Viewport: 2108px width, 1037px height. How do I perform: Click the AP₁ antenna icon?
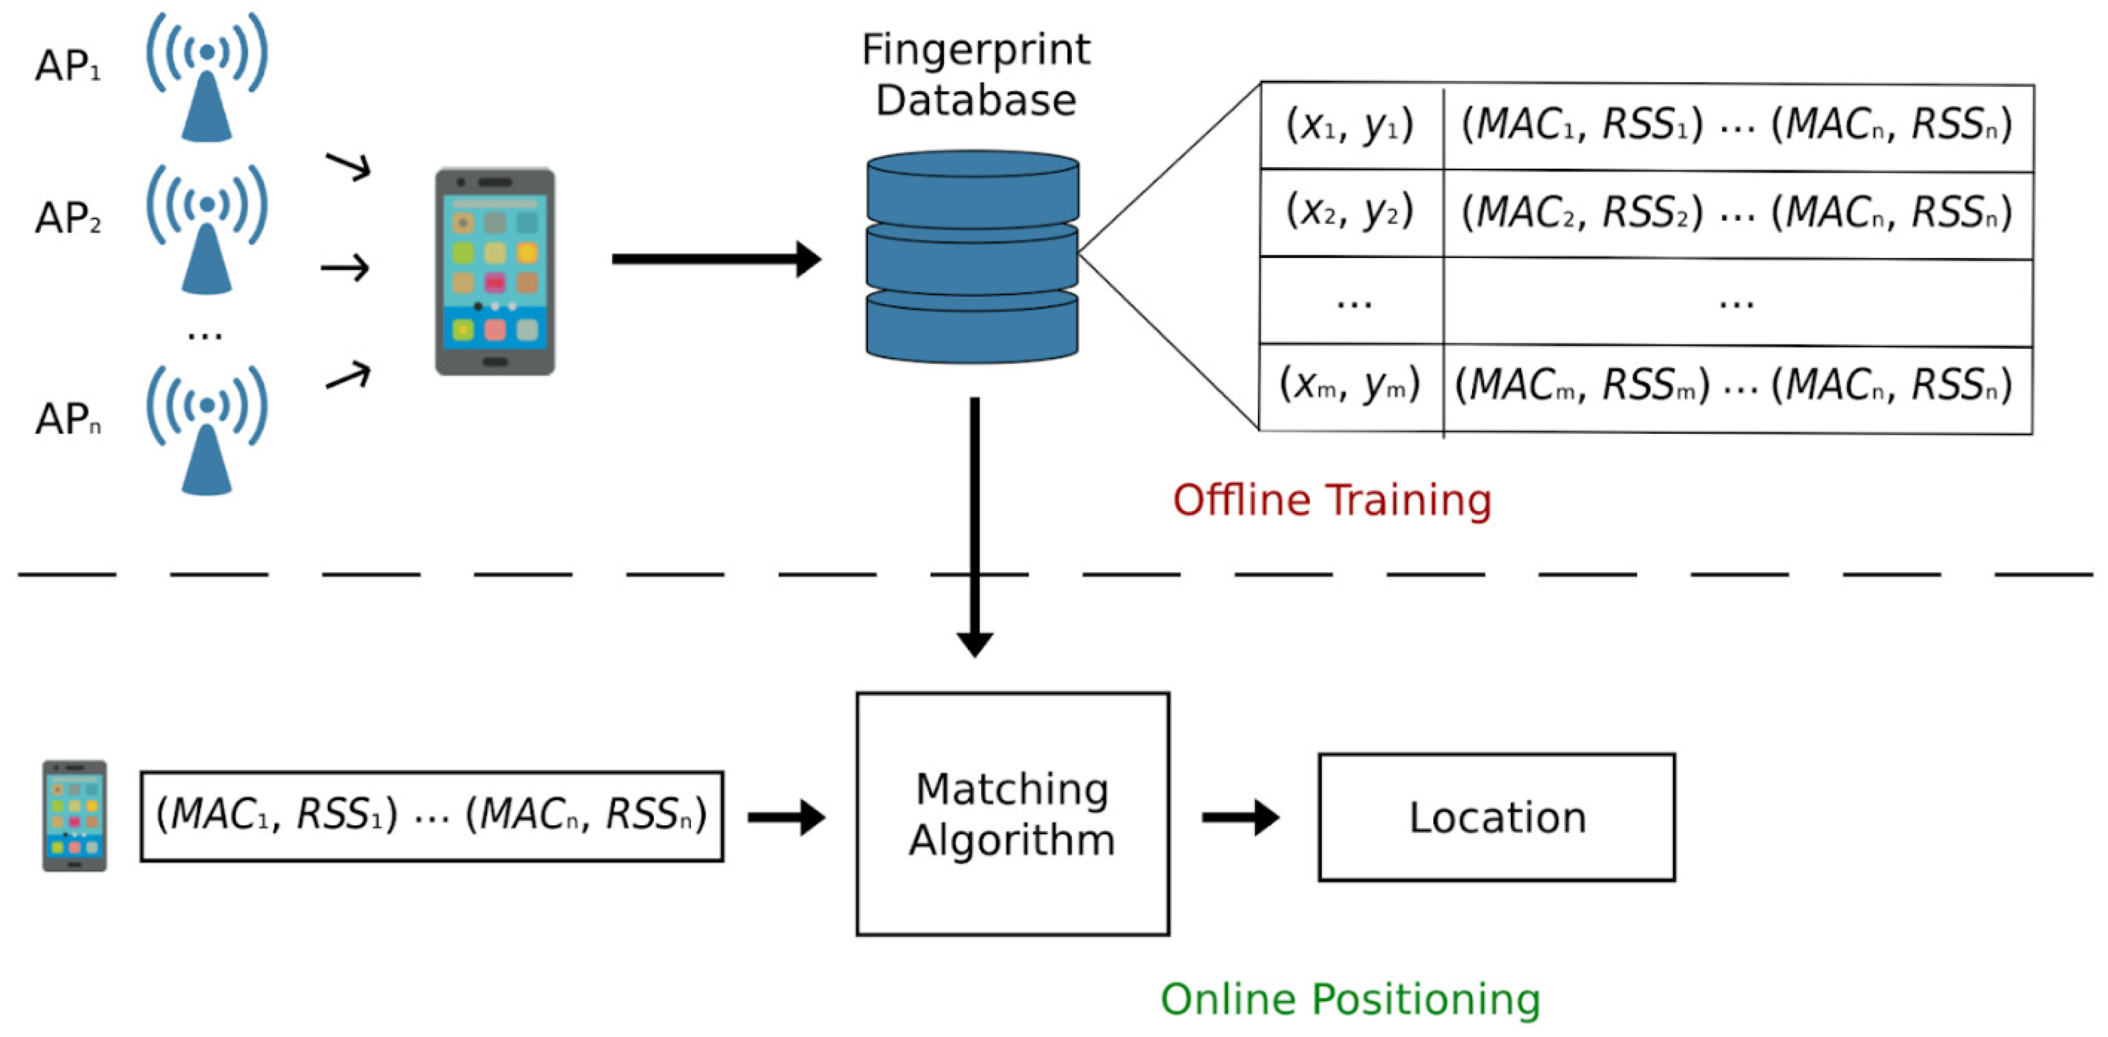pyautogui.click(x=206, y=78)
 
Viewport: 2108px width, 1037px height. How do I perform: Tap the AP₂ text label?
pyautogui.click(x=68, y=218)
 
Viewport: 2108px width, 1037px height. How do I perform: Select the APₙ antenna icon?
pyautogui.click(x=206, y=430)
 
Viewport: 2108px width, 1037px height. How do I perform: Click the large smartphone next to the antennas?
pyautogui.click(x=495, y=272)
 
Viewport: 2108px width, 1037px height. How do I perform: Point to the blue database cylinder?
pyautogui.click(x=972, y=256)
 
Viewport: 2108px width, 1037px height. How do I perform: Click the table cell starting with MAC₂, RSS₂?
pyautogui.click(x=1738, y=214)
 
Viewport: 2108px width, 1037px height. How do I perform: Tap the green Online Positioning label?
pyautogui.click(x=1350, y=999)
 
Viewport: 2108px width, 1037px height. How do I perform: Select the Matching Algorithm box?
pyautogui.click(x=1013, y=814)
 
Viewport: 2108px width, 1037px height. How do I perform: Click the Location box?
pyautogui.click(x=1497, y=817)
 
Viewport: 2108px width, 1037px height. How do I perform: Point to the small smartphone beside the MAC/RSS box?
pyautogui.click(x=74, y=816)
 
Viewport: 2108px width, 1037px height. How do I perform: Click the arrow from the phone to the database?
pyautogui.click(x=717, y=259)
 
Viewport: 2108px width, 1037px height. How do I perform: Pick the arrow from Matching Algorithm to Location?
pyautogui.click(x=1241, y=817)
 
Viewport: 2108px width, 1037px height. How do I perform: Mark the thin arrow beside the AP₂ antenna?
pyautogui.click(x=346, y=268)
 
